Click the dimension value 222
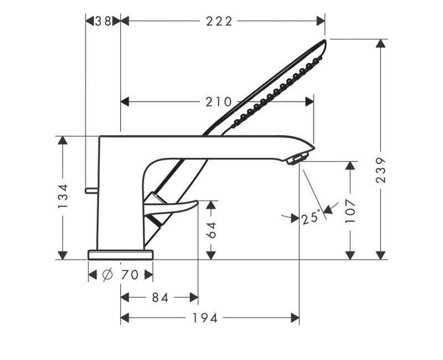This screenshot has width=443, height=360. click(x=219, y=21)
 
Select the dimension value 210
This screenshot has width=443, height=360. click(x=218, y=102)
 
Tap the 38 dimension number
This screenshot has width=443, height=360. click(x=102, y=21)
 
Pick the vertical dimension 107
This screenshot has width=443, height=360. click(x=350, y=210)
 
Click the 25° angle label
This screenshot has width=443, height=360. click(x=311, y=218)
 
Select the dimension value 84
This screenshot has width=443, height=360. click(x=159, y=298)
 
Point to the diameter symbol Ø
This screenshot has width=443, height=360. click(x=109, y=275)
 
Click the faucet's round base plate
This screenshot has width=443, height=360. click(x=120, y=254)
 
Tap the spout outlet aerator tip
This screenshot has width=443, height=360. click(x=296, y=159)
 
